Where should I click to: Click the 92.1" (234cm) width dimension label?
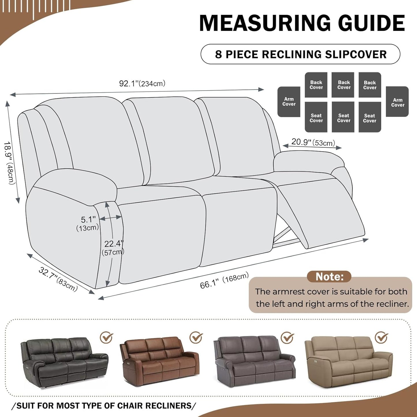pos(142,84)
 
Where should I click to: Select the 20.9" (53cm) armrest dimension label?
pos(313,142)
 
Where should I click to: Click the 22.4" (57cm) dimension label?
pos(113,248)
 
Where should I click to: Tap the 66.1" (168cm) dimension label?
pos(224,281)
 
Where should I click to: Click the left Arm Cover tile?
pos(289,102)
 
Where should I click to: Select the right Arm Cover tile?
pos(397,102)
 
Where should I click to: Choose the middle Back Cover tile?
pos(343,85)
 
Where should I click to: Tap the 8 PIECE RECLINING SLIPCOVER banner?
pos(300,54)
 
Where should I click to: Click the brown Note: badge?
pos(329,276)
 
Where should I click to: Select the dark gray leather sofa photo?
pos(64,362)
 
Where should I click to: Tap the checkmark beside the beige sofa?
pos(381,337)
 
